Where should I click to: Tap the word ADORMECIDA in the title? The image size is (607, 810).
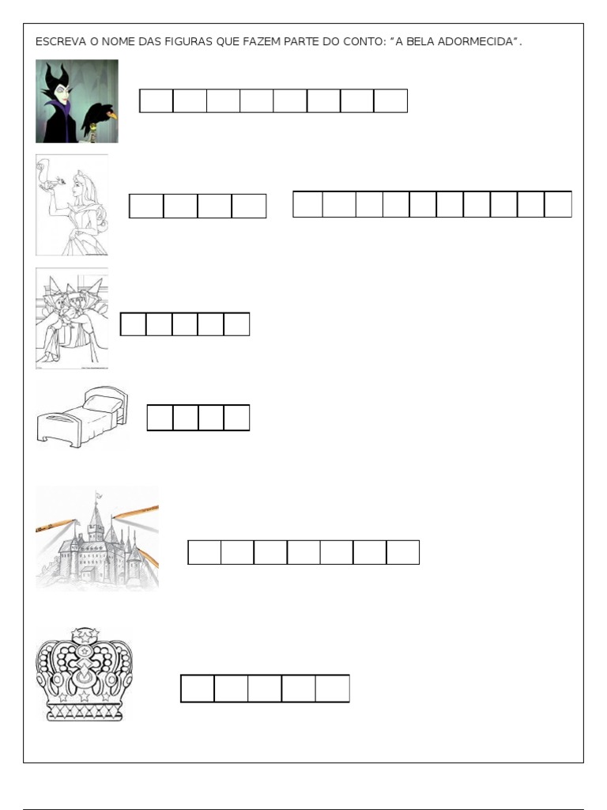click(x=475, y=42)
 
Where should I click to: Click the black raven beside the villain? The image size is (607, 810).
click(x=100, y=117)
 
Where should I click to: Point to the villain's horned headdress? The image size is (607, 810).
click(x=58, y=78)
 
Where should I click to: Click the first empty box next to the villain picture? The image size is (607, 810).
click(x=156, y=100)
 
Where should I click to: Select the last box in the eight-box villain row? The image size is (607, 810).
click(x=390, y=100)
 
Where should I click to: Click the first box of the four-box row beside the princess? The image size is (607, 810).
click(x=146, y=206)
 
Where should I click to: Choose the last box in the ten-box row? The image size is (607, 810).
click(x=558, y=204)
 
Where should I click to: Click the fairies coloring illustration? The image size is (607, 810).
click(x=72, y=318)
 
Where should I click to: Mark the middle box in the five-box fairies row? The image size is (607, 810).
click(x=185, y=324)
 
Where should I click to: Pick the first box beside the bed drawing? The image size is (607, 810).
click(x=160, y=418)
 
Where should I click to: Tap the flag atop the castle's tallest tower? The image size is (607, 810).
click(x=97, y=496)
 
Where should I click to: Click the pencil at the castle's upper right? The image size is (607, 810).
click(x=135, y=513)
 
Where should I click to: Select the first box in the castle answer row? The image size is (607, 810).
click(x=205, y=552)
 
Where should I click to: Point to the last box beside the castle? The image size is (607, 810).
click(x=402, y=552)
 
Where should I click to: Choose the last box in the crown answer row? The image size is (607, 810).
click(x=333, y=689)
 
